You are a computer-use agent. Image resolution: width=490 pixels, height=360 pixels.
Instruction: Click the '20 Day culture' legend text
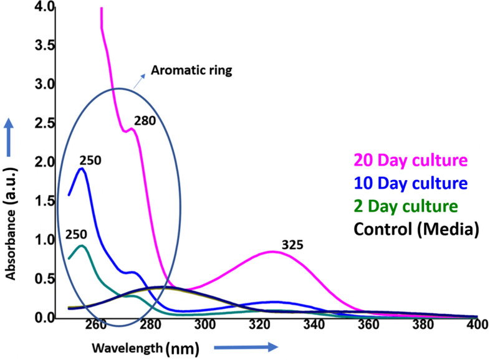coord(410,161)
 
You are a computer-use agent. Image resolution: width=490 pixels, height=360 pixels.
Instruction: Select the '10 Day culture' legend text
coord(410,183)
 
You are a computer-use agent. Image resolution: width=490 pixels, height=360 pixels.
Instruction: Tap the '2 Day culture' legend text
coord(406,206)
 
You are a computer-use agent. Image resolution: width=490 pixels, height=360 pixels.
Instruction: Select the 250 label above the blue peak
coord(90,161)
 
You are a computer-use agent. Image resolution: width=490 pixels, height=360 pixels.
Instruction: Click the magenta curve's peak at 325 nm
coord(272,252)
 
